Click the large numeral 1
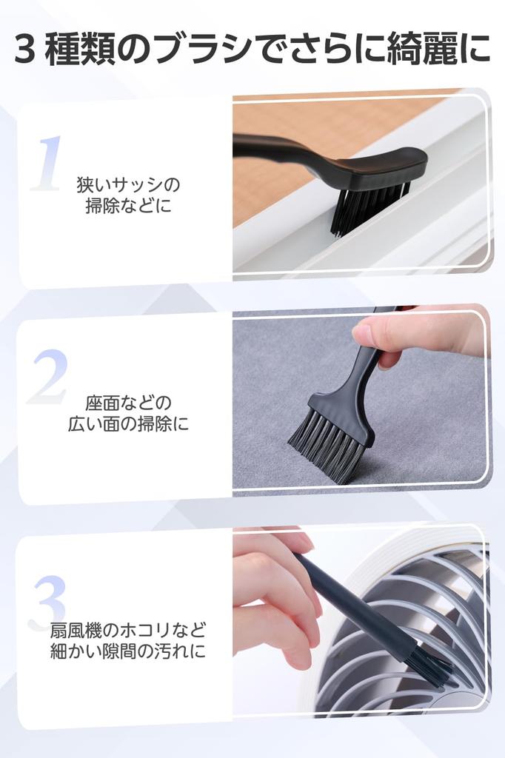47,164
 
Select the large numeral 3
47,602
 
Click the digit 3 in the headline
25,50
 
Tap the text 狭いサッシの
128,184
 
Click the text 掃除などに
129,207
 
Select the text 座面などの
128,402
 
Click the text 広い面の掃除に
128,424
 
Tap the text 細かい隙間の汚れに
128,651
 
